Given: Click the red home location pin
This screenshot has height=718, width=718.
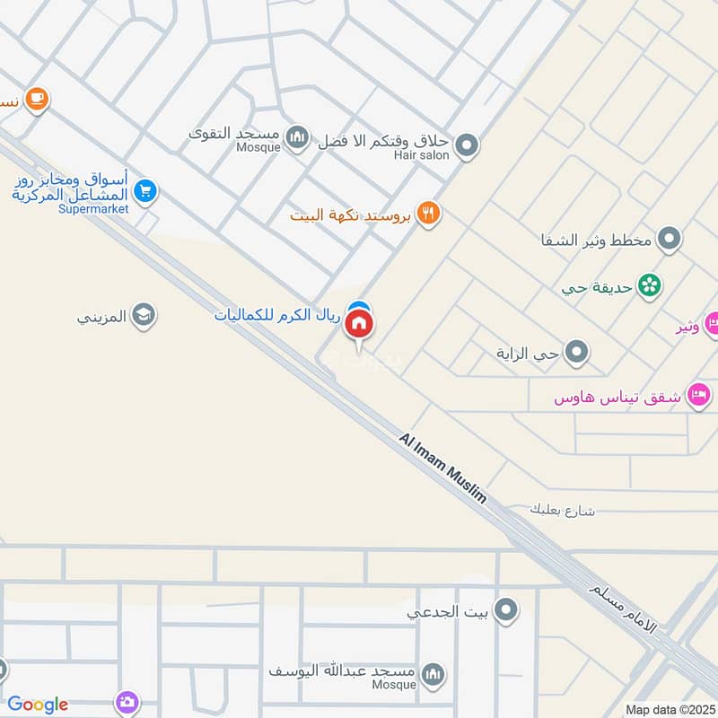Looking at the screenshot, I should click(360, 324).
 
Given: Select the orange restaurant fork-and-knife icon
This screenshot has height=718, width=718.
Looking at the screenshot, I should click(430, 213).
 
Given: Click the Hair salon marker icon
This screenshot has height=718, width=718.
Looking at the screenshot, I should click(466, 144).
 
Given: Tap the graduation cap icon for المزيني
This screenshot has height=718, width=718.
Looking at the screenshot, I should click(143, 315).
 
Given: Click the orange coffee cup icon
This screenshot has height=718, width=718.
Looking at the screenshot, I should click(36, 99).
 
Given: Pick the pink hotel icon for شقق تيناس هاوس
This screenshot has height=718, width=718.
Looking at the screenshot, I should click(699, 395).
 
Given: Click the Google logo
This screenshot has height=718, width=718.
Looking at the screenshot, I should click(38, 705).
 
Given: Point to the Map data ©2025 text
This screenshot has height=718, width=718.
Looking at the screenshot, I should click(669, 709).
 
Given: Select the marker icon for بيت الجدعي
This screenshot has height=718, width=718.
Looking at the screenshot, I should click(507, 611).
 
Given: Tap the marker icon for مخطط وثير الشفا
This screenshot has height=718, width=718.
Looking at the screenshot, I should click(669, 240).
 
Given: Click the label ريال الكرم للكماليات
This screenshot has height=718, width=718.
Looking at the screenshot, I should click(277, 316).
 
